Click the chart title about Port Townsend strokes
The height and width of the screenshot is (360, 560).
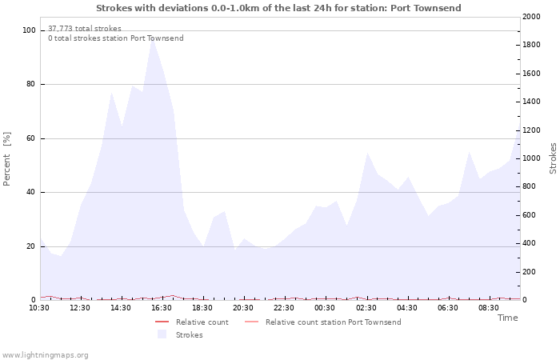[x=278, y=8]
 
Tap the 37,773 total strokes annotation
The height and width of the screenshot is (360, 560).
[x=85, y=29]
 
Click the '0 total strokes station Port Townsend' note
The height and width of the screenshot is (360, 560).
[x=116, y=38]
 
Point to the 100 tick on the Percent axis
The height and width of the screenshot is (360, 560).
[x=30, y=30]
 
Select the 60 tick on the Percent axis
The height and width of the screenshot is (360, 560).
[x=31, y=138]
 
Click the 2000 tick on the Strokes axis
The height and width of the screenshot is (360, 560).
[x=530, y=17]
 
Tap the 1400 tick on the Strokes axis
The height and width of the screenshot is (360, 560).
[x=530, y=102]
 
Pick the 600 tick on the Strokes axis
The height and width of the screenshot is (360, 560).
[x=527, y=215]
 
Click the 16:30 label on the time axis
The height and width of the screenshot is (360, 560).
[x=162, y=307]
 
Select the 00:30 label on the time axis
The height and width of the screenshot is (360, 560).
[x=326, y=307]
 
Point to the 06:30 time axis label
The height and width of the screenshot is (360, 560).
[x=449, y=307]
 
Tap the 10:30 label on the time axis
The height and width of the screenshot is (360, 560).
[x=40, y=307]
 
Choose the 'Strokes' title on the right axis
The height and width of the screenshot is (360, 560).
[x=553, y=158]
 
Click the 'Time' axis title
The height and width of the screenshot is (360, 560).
[x=507, y=318]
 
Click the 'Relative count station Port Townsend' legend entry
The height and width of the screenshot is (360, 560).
[x=333, y=322]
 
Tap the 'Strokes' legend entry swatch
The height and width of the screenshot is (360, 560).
[x=162, y=334]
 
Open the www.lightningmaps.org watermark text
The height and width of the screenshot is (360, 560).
[x=46, y=354]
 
